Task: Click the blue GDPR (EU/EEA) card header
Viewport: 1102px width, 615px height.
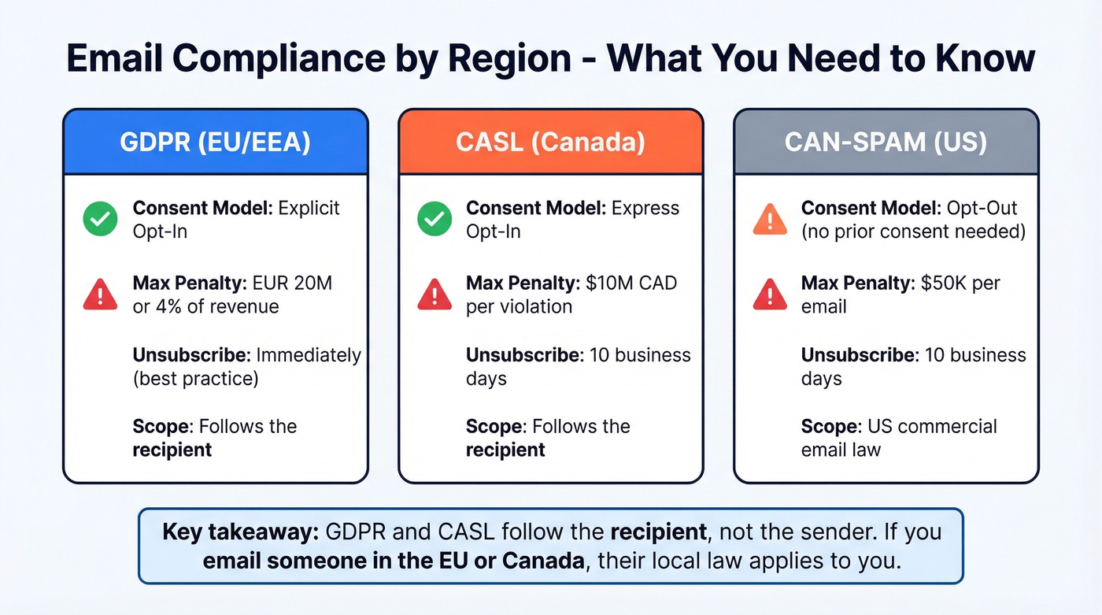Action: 215,142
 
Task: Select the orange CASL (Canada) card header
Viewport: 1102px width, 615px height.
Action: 550,142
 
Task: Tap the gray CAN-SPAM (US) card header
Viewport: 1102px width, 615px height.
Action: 886,142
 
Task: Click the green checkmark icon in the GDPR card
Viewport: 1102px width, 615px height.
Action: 100,219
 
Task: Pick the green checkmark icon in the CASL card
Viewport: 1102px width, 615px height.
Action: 435,219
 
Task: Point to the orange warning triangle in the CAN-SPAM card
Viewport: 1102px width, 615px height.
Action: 770,219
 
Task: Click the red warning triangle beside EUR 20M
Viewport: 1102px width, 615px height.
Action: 100,295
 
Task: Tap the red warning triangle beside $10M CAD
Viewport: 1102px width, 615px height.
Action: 435,295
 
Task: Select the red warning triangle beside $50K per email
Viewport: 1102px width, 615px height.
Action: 770,295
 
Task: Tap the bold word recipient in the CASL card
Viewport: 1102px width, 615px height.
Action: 505,450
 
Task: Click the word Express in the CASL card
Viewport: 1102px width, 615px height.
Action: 644,208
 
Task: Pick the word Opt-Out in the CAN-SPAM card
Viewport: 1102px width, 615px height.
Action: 982,208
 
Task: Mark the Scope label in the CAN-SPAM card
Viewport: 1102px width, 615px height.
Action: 830,427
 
